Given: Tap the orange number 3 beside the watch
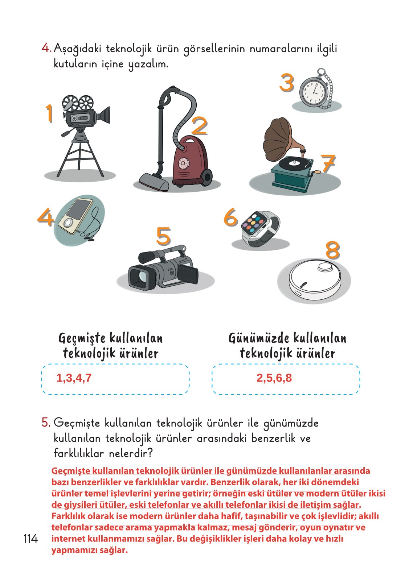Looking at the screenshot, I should click(287, 83).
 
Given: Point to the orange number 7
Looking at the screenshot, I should click(328, 163).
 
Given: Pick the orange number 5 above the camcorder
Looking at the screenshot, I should click(163, 236).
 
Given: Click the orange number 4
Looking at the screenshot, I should click(46, 218).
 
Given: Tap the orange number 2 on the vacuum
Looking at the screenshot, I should click(199, 126).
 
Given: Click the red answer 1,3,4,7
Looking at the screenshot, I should click(74, 378).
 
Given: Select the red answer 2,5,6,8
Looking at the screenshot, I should click(274, 378).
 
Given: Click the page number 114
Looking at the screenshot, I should click(30, 539).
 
